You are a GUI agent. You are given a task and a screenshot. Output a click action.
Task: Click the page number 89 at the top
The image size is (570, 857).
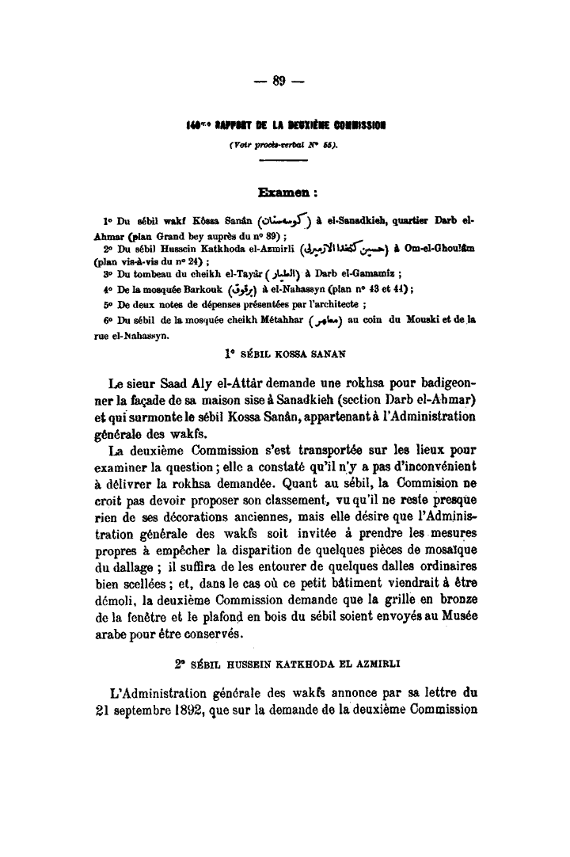click(x=284, y=81)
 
